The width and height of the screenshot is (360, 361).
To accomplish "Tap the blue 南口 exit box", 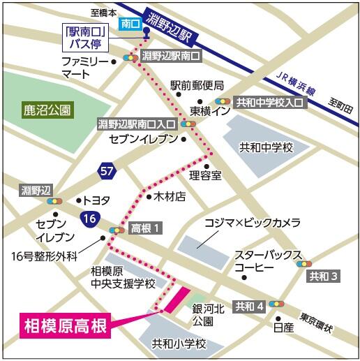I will pos(130,23).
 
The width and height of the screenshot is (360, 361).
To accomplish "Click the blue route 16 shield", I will pos(89,217).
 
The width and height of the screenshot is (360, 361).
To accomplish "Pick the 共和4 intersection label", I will pos(249,305).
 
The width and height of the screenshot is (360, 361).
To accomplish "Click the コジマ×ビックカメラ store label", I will pos(252,222).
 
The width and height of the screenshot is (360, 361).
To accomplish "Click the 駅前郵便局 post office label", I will pos(197,85).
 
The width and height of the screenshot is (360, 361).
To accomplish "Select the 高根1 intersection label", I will pos(147,228).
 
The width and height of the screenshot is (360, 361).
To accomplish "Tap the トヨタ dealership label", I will pos(97,200).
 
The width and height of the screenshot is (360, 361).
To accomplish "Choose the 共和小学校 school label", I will pos(179,344).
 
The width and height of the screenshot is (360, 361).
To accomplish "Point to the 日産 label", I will pos(283,326).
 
